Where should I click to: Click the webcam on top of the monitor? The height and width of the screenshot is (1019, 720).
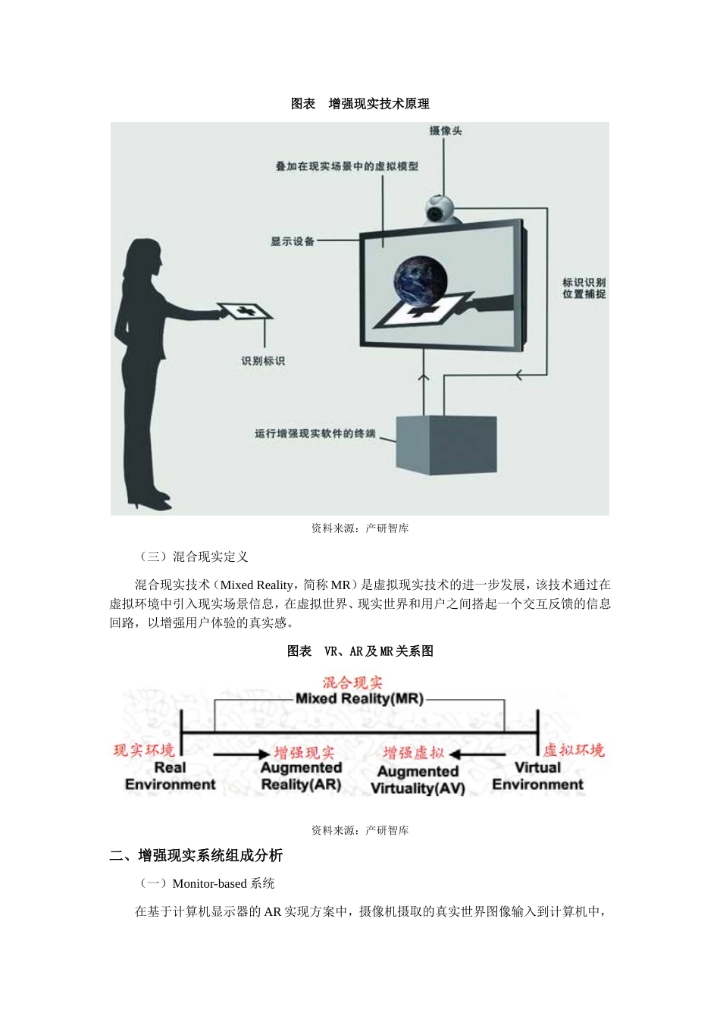(440, 209)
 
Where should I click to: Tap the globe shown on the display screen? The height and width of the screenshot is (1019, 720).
(421, 279)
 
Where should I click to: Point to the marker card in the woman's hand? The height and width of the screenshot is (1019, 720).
(244, 311)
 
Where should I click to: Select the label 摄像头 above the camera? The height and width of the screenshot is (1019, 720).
(446, 130)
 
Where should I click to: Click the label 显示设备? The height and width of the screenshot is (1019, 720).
(293, 241)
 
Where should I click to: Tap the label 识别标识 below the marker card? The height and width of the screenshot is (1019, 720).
(263, 361)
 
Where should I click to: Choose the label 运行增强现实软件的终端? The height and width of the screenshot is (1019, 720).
(315, 434)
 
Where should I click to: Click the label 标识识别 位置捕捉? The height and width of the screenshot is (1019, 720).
(584, 288)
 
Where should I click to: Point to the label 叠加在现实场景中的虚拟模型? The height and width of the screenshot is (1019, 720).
(346, 166)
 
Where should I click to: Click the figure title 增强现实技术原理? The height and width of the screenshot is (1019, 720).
(379, 104)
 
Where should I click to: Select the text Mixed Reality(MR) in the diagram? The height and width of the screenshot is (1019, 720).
(359, 698)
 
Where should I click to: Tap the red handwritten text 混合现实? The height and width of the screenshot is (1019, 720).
(352, 682)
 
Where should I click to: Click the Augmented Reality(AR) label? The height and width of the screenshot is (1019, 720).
(301, 776)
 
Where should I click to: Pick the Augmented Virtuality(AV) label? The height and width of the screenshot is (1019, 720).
(418, 779)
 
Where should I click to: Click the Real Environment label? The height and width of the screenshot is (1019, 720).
(171, 776)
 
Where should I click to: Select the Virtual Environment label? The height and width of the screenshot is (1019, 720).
(537, 776)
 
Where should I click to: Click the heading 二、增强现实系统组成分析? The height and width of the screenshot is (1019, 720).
(196, 855)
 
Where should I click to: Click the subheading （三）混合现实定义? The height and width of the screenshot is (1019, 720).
(194, 557)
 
